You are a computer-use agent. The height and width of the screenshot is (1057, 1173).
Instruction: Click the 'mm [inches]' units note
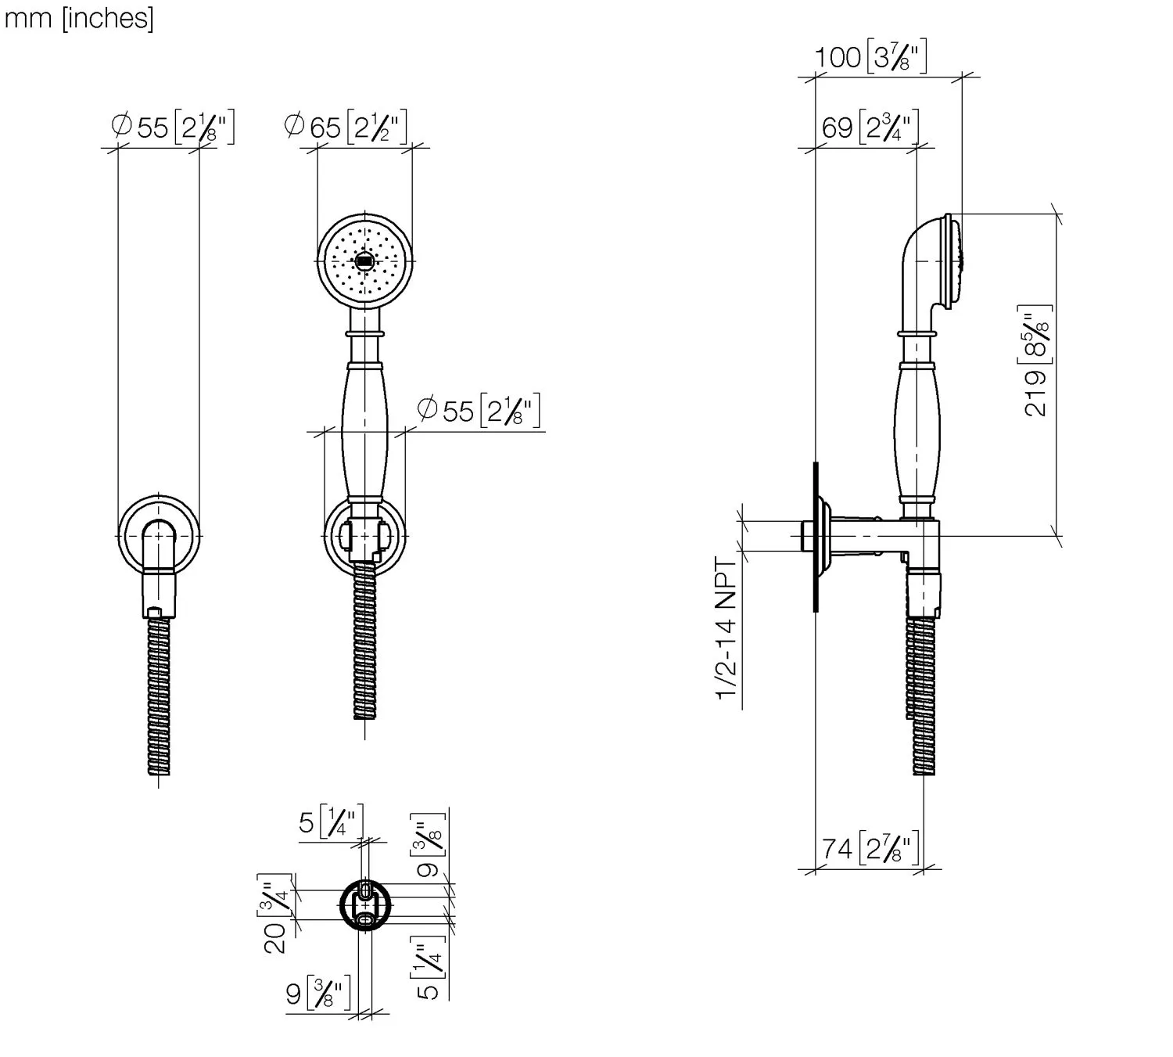(x=79, y=17)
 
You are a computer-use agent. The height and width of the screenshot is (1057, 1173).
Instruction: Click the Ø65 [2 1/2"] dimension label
(x=345, y=126)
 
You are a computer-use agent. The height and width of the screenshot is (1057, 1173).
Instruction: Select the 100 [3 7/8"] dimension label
(x=870, y=57)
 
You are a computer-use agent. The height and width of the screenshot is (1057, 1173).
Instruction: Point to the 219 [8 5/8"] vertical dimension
(x=1037, y=361)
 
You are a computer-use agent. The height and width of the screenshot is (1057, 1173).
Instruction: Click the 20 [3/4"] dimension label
(x=275, y=912)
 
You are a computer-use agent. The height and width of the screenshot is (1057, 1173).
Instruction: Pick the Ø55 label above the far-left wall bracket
(x=173, y=126)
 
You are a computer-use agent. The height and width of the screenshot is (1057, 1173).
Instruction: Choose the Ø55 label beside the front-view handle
(x=479, y=411)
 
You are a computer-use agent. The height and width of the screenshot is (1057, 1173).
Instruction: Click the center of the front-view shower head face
(x=363, y=261)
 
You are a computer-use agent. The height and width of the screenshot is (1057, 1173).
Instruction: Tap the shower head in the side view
(x=934, y=261)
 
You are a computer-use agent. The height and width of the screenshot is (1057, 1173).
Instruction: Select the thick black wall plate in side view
(x=816, y=536)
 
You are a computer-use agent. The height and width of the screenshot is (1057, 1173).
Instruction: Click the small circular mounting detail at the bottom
(x=364, y=905)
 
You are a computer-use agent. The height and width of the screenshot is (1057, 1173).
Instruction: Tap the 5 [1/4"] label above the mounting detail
(x=331, y=824)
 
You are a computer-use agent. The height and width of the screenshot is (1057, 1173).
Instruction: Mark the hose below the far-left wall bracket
(x=160, y=696)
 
